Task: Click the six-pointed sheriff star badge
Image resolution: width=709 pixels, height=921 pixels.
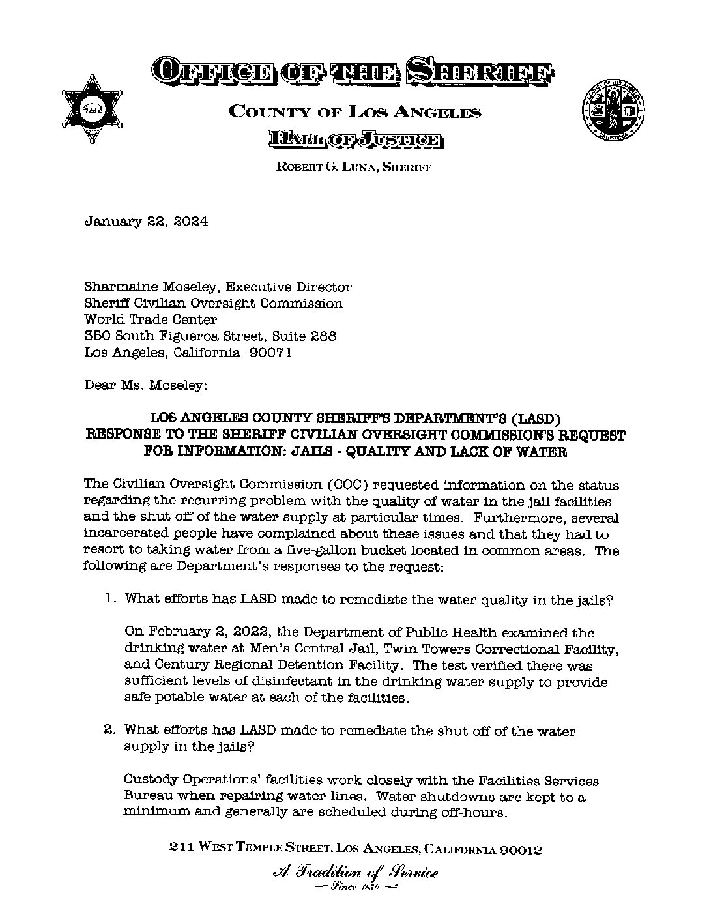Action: coord(91,108)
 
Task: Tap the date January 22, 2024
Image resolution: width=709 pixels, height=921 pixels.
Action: coord(147,222)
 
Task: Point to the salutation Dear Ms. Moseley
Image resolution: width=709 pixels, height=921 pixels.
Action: coord(146,385)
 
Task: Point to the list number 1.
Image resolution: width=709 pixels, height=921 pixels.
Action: coord(110,599)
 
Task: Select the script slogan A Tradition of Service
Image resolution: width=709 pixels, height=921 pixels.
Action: coord(354,873)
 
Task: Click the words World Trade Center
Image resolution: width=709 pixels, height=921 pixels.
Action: coord(151,319)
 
